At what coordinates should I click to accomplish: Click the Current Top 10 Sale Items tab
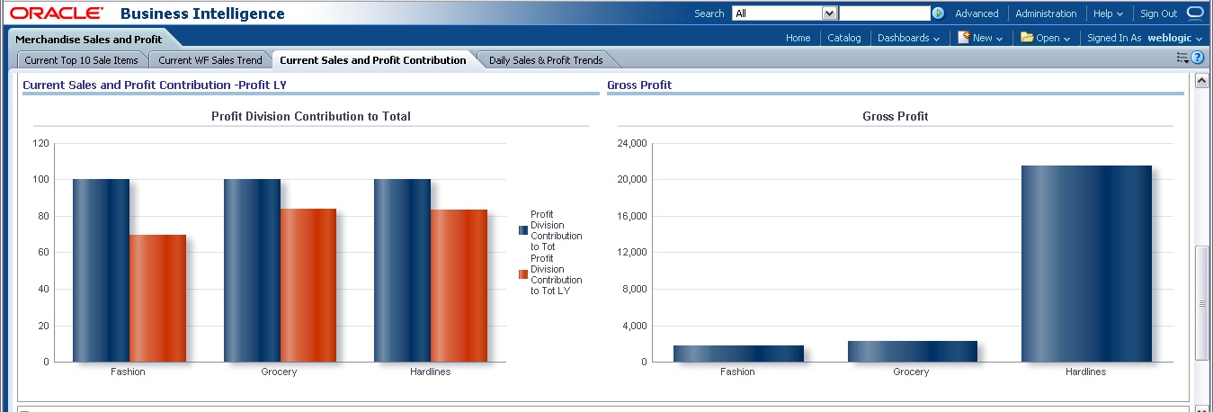point(81,60)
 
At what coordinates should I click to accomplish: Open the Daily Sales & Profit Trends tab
point(546,60)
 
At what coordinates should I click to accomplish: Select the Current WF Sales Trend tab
point(210,60)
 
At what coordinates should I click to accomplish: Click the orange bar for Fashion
point(157,298)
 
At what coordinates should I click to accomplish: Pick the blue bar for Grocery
point(252,270)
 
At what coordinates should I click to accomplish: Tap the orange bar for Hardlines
point(459,285)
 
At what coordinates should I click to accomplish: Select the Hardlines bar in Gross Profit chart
point(1086,264)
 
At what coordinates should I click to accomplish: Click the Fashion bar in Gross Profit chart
point(738,354)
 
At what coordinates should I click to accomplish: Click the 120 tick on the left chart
point(40,143)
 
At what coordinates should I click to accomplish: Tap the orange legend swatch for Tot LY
point(523,274)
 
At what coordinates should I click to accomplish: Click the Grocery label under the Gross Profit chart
point(911,372)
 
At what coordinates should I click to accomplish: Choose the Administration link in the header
point(1046,13)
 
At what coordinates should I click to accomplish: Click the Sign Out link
point(1158,13)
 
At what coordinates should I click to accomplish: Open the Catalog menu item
point(843,38)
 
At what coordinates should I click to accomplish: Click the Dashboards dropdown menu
point(908,38)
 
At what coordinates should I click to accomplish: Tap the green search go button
point(938,13)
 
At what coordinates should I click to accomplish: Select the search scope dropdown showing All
point(785,13)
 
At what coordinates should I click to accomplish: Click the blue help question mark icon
point(1197,58)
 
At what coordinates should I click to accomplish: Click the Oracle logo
point(57,13)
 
